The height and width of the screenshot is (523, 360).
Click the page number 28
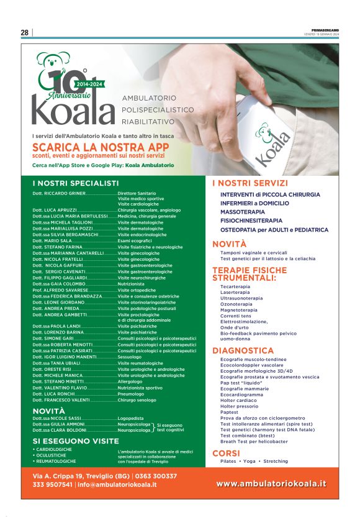coord(25,32)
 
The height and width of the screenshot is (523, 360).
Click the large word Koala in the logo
coord(74,110)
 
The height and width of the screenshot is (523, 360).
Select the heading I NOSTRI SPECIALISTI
coord(75,183)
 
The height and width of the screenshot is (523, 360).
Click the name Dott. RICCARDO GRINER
coord(58,194)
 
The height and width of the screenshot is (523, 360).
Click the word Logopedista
coord(135,419)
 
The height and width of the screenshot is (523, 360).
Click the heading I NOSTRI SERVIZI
coord(250,183)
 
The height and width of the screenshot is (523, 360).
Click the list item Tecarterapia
coord(236,286)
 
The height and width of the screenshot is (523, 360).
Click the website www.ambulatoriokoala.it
coord(271,483)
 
